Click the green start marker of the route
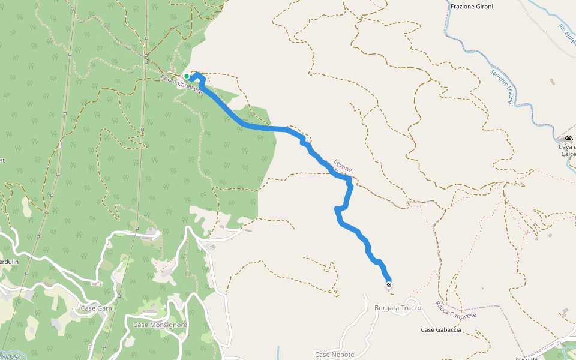(x=187, y=76)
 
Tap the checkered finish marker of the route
(x=389, y=285)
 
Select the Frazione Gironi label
(x=472, y=7)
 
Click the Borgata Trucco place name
(x=398, y=308)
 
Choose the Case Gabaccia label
(x=441, y=330)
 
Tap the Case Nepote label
(x=334, y=355)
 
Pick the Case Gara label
(x=96, y=308)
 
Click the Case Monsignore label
(x=160, y=325)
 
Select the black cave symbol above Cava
(x=568, y=139)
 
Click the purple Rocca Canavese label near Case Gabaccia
(x=456, y=310)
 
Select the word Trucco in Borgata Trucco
(x=411, y=308)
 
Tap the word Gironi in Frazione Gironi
(x=482, y=7)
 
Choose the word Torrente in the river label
(x=497, y=79)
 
